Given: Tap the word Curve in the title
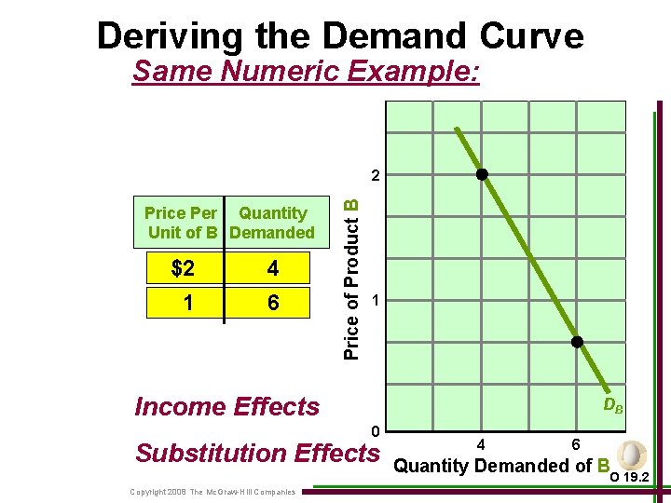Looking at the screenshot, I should click(x=533, y=35).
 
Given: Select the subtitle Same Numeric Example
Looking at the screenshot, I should click(x=307, y=71).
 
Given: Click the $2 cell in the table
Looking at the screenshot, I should click(x=184, y=269).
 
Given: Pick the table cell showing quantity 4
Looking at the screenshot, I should click(x=272, y=269).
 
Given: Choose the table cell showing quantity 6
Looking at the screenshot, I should click(x=272, y=303).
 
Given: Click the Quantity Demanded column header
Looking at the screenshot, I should click(x=272, y=223).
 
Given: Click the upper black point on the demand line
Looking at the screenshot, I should click(x=482, y=174).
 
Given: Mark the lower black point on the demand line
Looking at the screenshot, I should click(x=577, y=342).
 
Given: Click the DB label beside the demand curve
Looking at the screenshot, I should click(x=612, y=405).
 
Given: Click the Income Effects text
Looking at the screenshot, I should click(x=226, y=406).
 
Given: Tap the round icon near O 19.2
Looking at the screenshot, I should click(x=631, y=455).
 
